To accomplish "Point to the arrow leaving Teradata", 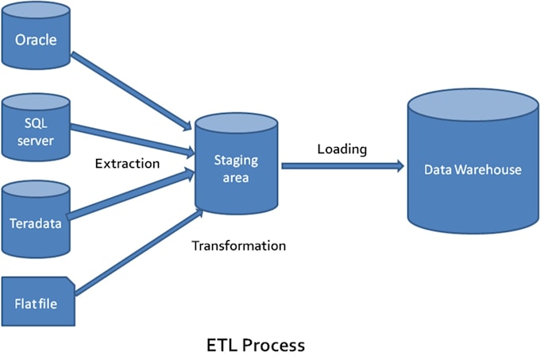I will (131, 195).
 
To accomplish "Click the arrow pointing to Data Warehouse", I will (341, 166).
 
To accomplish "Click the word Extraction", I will (127, 164).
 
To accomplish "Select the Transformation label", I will (238, 246).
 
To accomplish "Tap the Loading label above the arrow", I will (341, 149).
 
